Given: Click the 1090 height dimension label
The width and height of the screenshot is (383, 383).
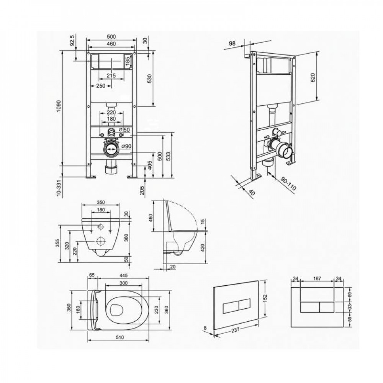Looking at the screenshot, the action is (58, 106).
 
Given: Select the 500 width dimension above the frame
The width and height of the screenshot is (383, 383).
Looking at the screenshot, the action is (111, 37).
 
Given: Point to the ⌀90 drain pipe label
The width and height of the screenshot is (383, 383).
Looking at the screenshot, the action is (126, 146).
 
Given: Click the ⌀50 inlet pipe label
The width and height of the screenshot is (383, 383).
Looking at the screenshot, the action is (125, 129).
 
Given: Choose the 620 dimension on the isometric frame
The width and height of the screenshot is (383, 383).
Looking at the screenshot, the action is (313, 78).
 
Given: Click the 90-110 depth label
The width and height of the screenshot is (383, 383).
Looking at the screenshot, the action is (288, 184).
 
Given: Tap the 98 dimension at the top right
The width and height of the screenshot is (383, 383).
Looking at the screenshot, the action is (232, 43).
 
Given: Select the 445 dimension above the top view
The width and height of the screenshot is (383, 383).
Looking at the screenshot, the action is (124, 275).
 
